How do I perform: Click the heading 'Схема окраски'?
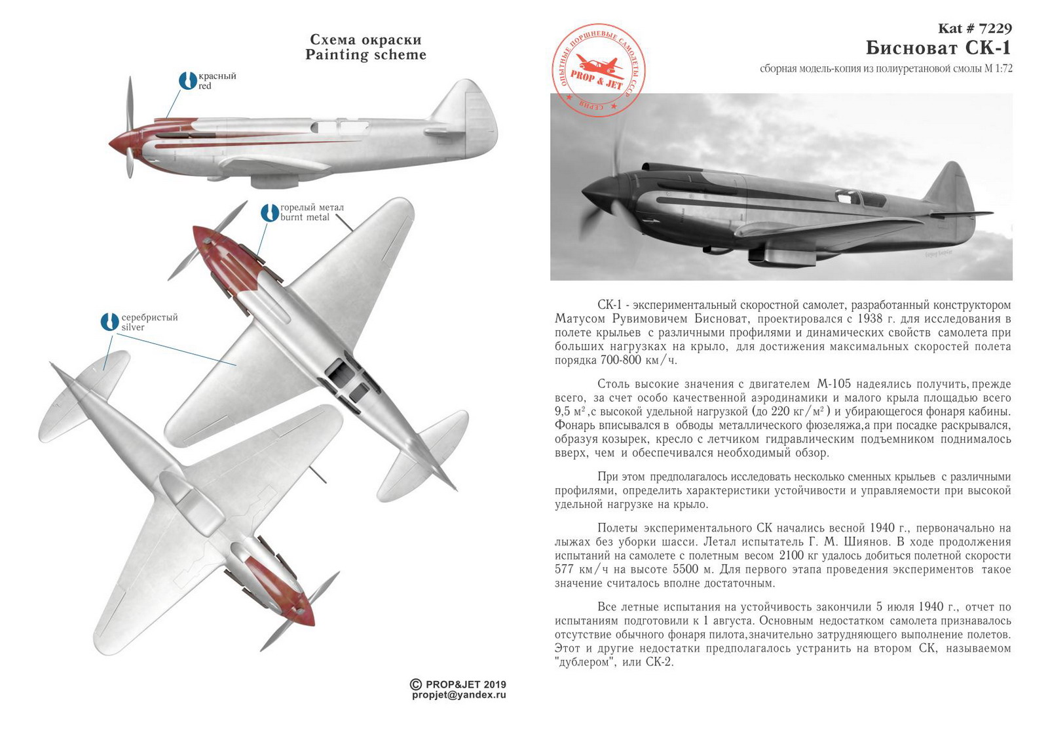(x=365, y=39)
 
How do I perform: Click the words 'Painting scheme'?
(x=365, y=55)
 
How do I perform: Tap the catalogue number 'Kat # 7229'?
(x=975, y=28)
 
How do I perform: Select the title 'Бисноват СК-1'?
(x=938, y=48)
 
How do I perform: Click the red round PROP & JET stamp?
(x=598, y=71)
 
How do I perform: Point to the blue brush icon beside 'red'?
(x=187, y=81)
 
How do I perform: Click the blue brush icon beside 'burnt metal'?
(x=269, y=212)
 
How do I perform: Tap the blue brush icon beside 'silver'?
(x=109, y=322)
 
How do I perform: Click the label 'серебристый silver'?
(x=149, y=322)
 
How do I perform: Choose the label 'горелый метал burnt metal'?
(x=312, y=212)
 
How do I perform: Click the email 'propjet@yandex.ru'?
(x=458, y=695)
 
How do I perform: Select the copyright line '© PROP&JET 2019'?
(x=458, y=684)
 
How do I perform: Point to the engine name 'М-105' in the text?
(x=833, y=384)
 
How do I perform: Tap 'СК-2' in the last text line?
(x=660, y=662)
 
